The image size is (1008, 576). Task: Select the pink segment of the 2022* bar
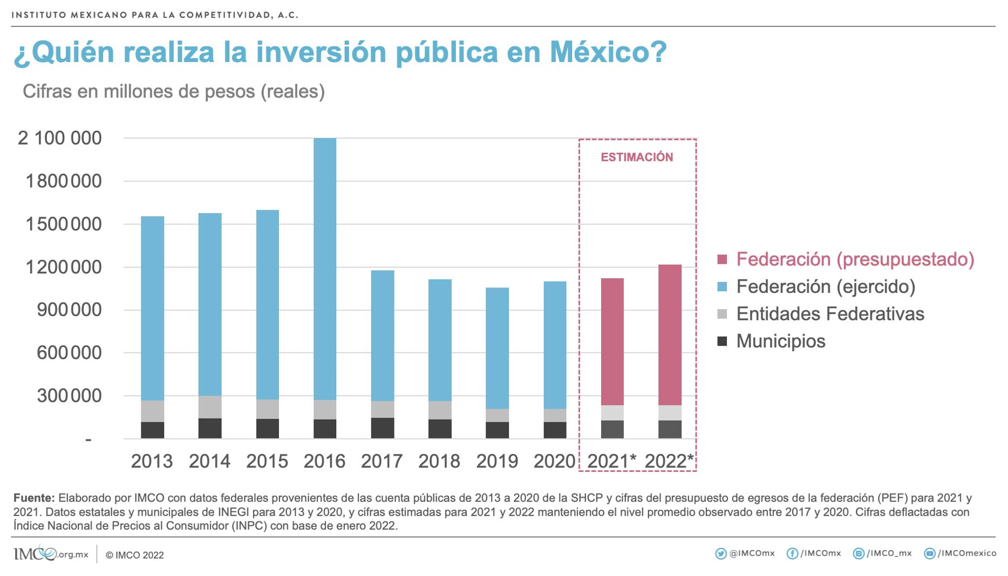pyautogui.click(x=670, y=334)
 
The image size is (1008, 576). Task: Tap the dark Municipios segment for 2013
pyautogui.click(x=152, y=430)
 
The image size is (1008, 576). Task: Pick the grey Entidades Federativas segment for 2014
pyautogui.click(x=210, y=407)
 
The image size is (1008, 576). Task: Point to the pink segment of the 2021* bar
pyautogui.click(x=612, y=341)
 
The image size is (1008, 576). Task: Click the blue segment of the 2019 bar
pyautogui.click(x=497, y=348)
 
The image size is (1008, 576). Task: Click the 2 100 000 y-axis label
pyautogui.click(x=60, y=138)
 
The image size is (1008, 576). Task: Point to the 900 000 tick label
pyautogui.click(x=69, y=310)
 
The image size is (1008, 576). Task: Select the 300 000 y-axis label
pyautogui.click(x=69, y=395)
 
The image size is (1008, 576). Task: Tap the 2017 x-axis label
pyautogui.click(x=382, y=461)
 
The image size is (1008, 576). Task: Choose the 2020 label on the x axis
pyautogui.click(x=554, y=461)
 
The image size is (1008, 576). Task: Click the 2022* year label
pyautogui.click(x=669, y=461)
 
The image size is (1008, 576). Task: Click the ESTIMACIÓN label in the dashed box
pyautogui.click(x=637, y=157)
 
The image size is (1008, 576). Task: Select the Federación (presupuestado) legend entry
pyautogui.click(x=855, y=259)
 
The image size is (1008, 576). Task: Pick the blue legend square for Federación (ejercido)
pyautogui.click(x=722, y=286)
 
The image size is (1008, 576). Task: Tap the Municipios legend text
pyautogui.click(x=780, y=341)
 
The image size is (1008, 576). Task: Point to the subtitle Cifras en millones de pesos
pyautogui.click(x=173, y=92)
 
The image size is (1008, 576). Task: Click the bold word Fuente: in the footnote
pyautogui.click(x=34, y=498)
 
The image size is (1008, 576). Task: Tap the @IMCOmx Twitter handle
pyautogui.click(x=752, y=553)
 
